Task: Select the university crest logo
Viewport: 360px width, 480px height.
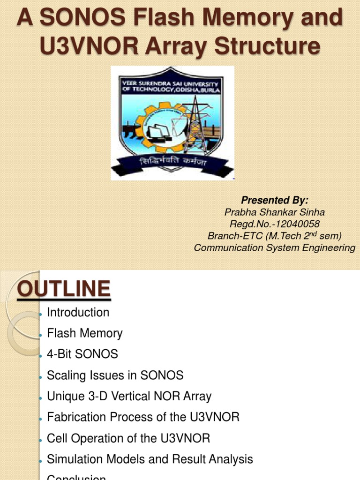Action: point(172,123)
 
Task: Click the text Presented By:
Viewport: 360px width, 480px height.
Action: point(275,200)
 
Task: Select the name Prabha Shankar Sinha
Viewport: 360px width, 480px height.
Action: point(275,212)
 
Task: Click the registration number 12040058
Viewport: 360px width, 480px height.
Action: point(294,224)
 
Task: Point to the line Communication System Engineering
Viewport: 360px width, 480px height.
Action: point(275,248)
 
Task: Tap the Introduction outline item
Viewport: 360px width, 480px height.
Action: point(78,312)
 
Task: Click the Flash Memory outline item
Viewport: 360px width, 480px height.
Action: point(85,333)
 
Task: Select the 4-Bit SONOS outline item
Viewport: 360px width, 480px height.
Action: point(82,354)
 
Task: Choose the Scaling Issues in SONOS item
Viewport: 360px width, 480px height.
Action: point(115,375)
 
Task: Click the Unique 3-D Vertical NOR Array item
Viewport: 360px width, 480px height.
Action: point(129,396)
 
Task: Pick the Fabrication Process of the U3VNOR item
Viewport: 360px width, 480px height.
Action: point(143,417)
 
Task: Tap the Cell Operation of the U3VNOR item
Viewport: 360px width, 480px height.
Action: point(128,438)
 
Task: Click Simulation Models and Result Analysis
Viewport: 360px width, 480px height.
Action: point(150,459)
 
